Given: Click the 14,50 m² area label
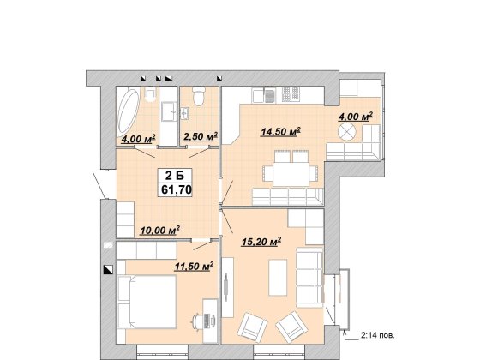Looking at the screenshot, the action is [280, 132].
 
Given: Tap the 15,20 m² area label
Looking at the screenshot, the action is [261, 242].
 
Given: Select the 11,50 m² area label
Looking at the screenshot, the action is [194, 267].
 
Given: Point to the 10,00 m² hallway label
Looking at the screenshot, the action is [159, 231].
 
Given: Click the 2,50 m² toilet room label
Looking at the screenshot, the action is [201, 136].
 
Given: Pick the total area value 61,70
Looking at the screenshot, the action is [177, 190].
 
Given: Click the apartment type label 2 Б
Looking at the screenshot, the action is [175, 176].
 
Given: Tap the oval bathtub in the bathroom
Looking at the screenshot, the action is [129, 111].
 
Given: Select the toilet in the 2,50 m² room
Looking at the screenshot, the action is [199, 96].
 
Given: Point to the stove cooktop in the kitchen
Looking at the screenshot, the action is [290, 93].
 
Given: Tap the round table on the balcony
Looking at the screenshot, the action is [347, 132].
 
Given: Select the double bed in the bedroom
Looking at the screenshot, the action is [147, 302].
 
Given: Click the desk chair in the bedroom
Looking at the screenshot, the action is [196, 321].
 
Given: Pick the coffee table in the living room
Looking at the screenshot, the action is [278, 278].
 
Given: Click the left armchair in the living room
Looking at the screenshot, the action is [253, 327].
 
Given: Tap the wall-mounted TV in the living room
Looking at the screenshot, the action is [226, 287].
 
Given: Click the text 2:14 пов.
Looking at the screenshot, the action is [378, 335].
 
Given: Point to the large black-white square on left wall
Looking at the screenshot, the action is [108, 269].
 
